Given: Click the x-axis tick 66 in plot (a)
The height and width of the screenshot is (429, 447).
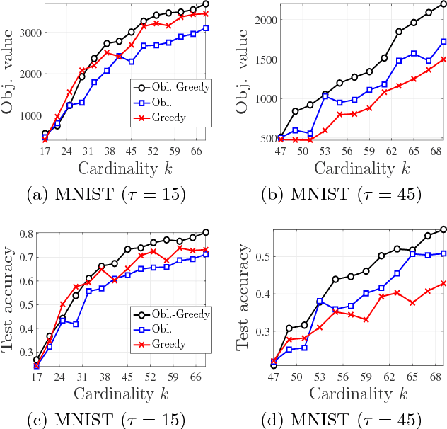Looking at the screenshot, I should [197, 151].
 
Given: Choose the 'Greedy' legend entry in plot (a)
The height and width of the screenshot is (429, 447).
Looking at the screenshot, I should [168, 117].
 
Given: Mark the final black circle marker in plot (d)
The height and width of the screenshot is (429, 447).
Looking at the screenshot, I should [443, 229].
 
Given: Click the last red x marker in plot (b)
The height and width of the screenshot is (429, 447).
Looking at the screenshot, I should [443, 59].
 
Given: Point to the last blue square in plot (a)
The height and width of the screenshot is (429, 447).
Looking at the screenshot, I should [205, 28].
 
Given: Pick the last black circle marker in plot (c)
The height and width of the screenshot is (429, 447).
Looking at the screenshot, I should [206, 232].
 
